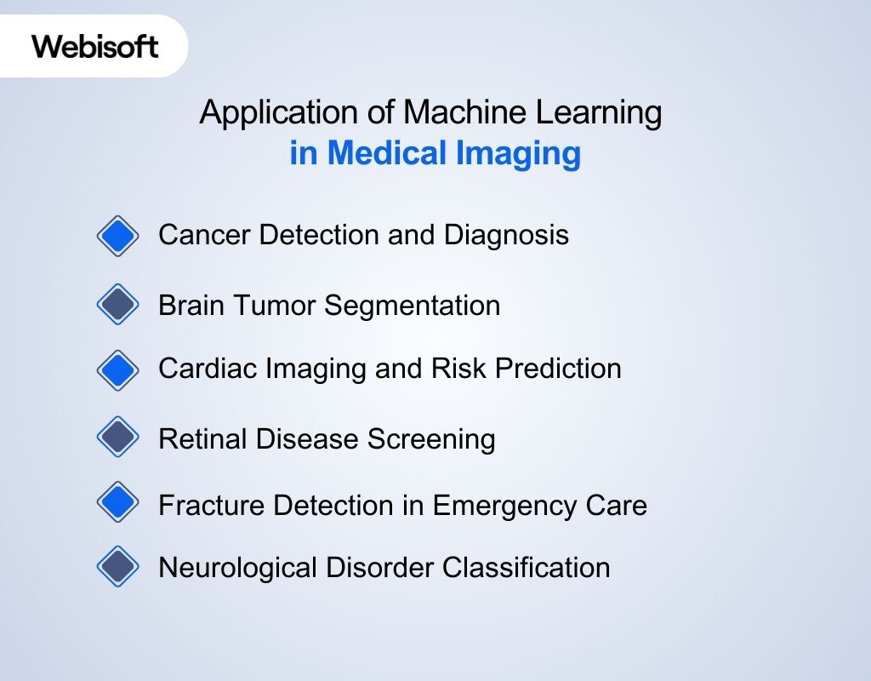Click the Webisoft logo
[x=95, y=46]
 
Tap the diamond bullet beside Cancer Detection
[x=117, y=236]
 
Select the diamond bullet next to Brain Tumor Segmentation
[x=117, y=305]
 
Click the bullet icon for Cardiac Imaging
[x=117, y=369]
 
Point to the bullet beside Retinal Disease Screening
[x=117, y=438]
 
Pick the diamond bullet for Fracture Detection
[x=117, y=503]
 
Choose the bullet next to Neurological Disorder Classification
[x=117, y=566]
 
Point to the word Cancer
[x=205, y=235]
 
